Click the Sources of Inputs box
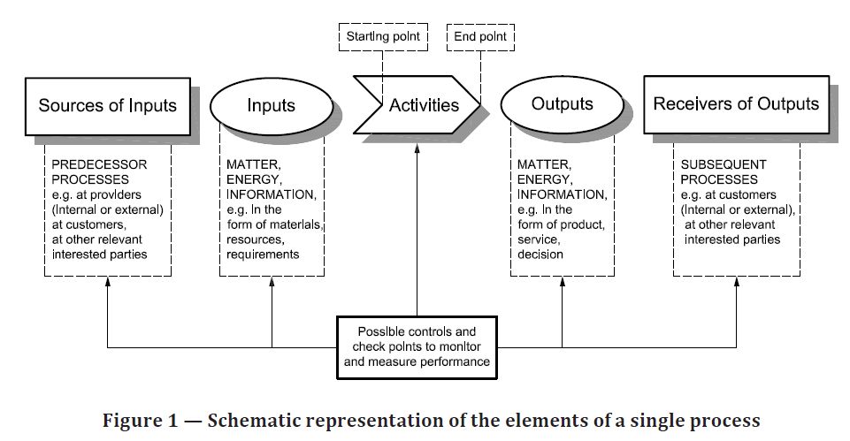[108, 106]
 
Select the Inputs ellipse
[271, 106]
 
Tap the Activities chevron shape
[417, 104]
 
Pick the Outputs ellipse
[563, 104]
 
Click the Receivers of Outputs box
[736, 104]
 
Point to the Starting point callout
[383, 37]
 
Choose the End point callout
[480, 37]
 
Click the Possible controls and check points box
[417, 347]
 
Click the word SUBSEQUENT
[724, 164]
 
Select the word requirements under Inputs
[263, 255]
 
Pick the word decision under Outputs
[540, 255]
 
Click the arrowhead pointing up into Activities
[417, 149]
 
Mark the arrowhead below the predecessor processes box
[107, 282]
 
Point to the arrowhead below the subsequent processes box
[736, 282]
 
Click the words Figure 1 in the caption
[141, 421]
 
